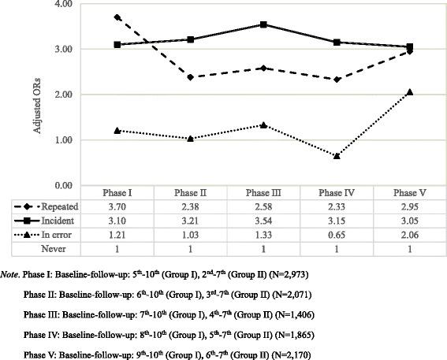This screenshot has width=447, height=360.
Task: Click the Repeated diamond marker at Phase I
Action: (117, 17)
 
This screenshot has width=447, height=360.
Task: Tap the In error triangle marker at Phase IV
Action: (337, 156)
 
